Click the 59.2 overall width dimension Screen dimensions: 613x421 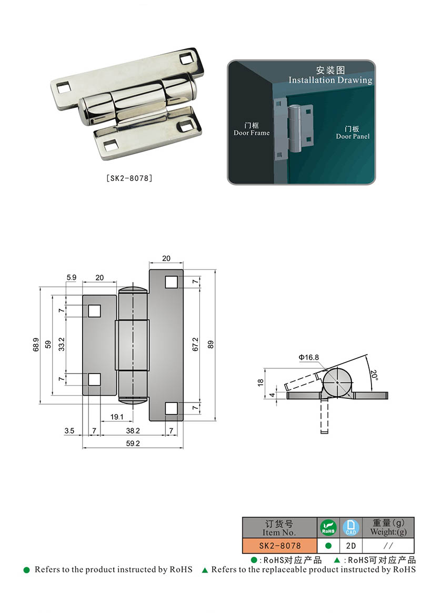pyautogui.click(x=133, y=444)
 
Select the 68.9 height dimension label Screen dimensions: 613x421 pyautogui.click(x=35, y=345)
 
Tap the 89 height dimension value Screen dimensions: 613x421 pyautogui.click(x=211, y=345)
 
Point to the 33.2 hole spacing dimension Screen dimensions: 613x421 pyautogui.click(x=61, y=345)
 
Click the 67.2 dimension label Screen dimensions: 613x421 pyautogui.click(x=195, y=345)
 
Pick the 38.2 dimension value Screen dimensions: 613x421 pyautogui.click(x=133, y=430)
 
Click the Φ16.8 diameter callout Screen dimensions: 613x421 pyautogui.click(x=308, y=357)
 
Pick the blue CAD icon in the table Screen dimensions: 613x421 pyautogui.click(x=351, y=527)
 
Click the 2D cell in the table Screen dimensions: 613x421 pyautogui.click(x=351, y=546)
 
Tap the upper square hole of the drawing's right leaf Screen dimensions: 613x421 pyautogui.click(x=171, y=282)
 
